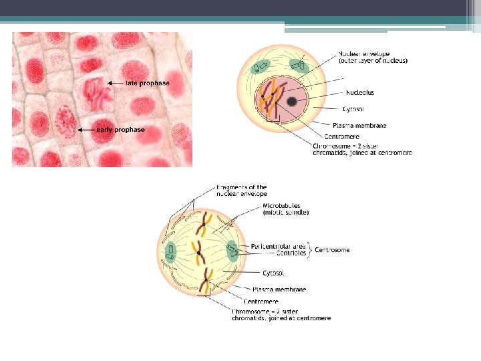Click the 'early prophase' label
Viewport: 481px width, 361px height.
point(120,129)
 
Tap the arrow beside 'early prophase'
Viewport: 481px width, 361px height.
point(86,129)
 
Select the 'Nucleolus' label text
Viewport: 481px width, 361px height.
point(360,92)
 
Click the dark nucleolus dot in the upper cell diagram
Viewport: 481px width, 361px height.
point(292,102)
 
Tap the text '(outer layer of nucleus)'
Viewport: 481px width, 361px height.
point(373,61)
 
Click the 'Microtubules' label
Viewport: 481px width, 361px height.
point(281,205)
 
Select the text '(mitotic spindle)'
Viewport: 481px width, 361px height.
point(285,213)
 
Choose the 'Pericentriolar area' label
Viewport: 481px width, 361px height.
point(279,247)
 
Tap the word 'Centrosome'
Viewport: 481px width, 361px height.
point(332,250)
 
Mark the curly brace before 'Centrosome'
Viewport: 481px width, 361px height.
point(310,250)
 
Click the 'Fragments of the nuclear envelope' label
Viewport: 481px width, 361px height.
point(241,191)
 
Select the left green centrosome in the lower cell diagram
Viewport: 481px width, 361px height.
point(170,251)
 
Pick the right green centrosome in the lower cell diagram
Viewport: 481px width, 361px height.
point(231,251)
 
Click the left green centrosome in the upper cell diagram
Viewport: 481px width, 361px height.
point(262,67)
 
